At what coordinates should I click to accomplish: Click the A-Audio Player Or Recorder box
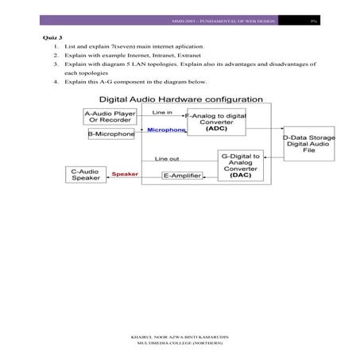tap(110, 118)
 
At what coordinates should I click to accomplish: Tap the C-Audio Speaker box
tap(86, 174)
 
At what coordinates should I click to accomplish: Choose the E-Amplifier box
tap(181, 174)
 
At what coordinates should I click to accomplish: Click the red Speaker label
tap(125, 173)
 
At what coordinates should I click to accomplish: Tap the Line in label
tap(161, 113)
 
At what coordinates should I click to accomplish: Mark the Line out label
tap(166, 158)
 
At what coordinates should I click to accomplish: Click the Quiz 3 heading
tap(49, 37)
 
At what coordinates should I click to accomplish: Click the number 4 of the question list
tap(56, 83)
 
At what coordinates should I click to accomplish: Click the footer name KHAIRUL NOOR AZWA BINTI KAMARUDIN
tap(179, 337)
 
